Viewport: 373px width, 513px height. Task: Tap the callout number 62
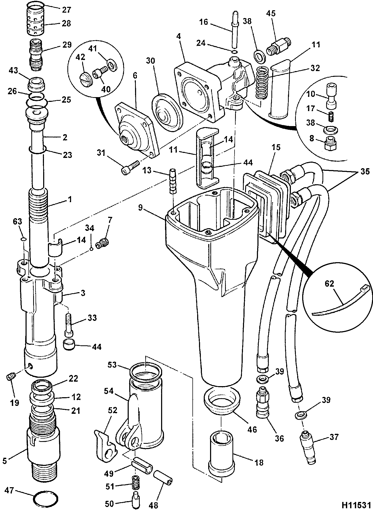pos(329,283)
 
